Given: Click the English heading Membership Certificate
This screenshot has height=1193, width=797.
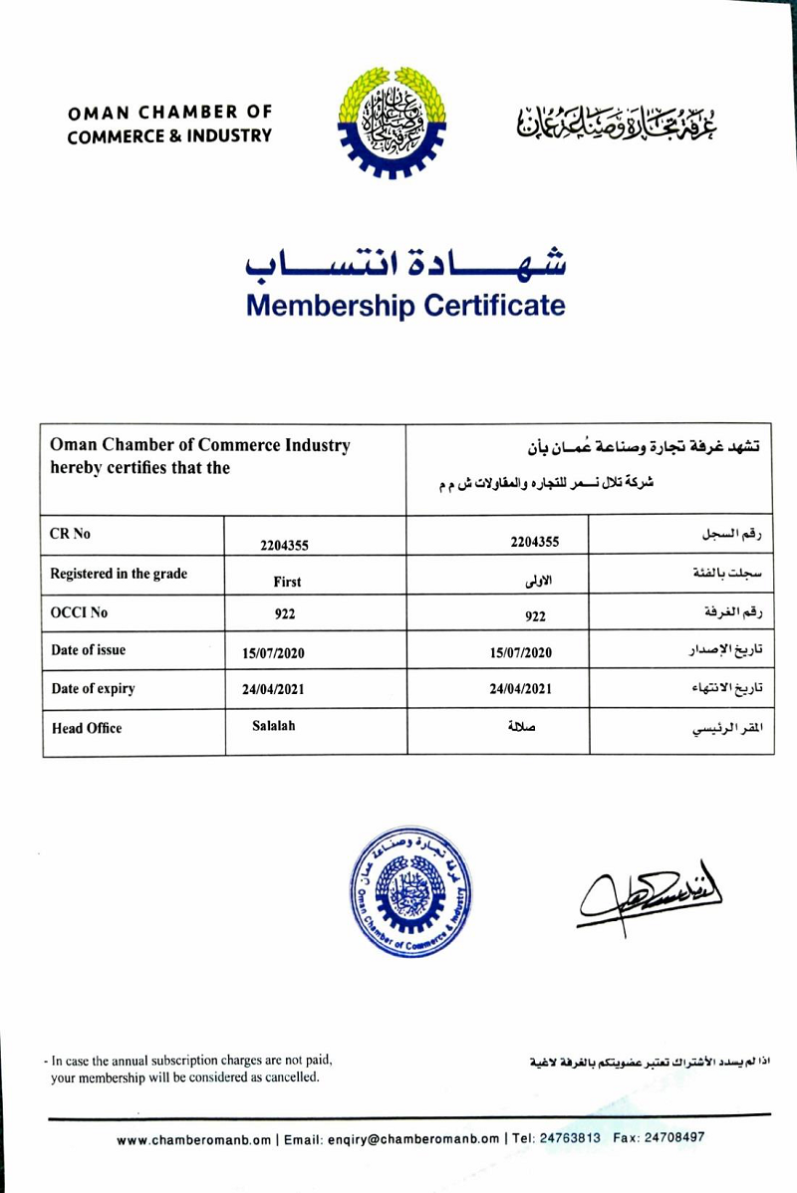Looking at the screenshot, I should pyautogui.click(x=405, y=305).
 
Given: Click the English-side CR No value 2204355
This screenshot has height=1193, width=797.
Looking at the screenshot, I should pyautogui.click(x=284, y=544).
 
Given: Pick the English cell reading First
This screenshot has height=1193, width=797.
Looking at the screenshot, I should pyautogui.click(x=287, y=582).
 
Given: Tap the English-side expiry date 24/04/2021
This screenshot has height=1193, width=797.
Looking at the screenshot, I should pyautogui.click(x=273, y=688).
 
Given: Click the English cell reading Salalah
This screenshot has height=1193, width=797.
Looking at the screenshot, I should pyautogui.click(x=274, y=726).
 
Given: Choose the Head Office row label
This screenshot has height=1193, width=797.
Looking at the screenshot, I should pyautogui.click(x=87, y=728).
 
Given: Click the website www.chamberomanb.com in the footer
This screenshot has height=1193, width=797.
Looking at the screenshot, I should pyautogui.click(x=193, y=1139).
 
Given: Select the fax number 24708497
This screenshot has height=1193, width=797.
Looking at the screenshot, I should pyautogui.click(x=673, y=1138).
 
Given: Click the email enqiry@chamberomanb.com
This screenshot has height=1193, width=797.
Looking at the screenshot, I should pyautogui.click(x=392, y=1139).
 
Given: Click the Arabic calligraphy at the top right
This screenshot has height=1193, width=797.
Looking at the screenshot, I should pyautogui.click(x=617, y=120).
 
